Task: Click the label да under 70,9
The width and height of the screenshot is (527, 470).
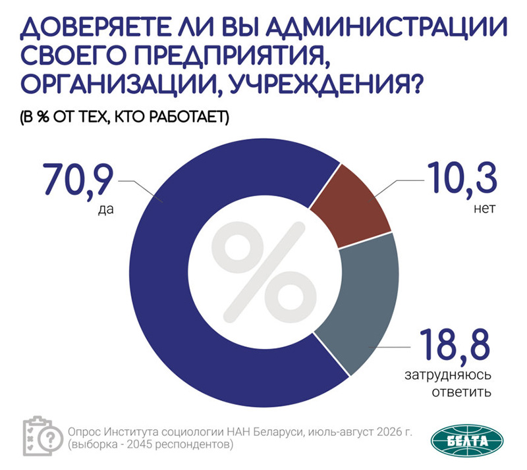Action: click(106, 209)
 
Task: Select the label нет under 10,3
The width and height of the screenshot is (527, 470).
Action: click(485, 209)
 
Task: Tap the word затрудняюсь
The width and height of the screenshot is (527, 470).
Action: click(448, 375)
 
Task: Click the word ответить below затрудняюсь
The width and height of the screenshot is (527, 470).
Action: click(462, 392)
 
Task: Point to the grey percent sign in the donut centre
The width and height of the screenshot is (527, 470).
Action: click(264, 272)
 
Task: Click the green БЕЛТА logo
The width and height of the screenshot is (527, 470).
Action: click(467, 441)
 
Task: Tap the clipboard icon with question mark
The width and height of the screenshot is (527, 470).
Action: click(43, 436)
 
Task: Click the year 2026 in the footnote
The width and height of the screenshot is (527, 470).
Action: click(387, 431)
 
